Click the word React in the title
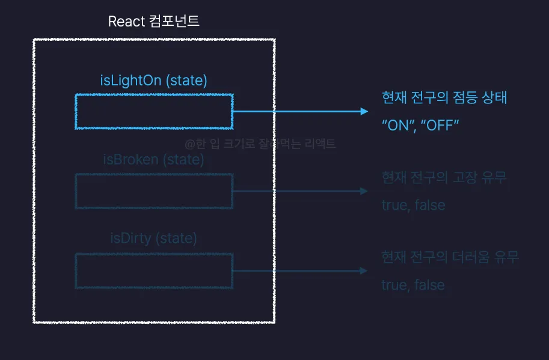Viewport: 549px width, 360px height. pos(125,22)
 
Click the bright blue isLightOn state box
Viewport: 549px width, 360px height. pos(154,111)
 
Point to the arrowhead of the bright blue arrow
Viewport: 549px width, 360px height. pos(363,111)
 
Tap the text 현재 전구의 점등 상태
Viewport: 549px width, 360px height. pos(444,97)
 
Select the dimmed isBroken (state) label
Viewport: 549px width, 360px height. pos(154,160)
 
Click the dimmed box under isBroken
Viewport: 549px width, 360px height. pos(154,191)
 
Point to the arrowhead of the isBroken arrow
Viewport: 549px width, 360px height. pos(363,191)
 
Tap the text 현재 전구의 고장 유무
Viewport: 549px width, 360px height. pos(444,178)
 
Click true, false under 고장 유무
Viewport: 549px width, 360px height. pos(413,205)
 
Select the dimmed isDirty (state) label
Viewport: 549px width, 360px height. pos(154,239)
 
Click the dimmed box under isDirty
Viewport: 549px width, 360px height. pos(154,270)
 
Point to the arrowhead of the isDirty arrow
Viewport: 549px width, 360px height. pos(363,270)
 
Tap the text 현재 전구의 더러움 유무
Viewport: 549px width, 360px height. pos(450,258)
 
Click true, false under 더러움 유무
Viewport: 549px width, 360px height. pos(413,285)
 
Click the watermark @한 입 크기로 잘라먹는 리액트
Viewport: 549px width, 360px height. pos(260,144)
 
